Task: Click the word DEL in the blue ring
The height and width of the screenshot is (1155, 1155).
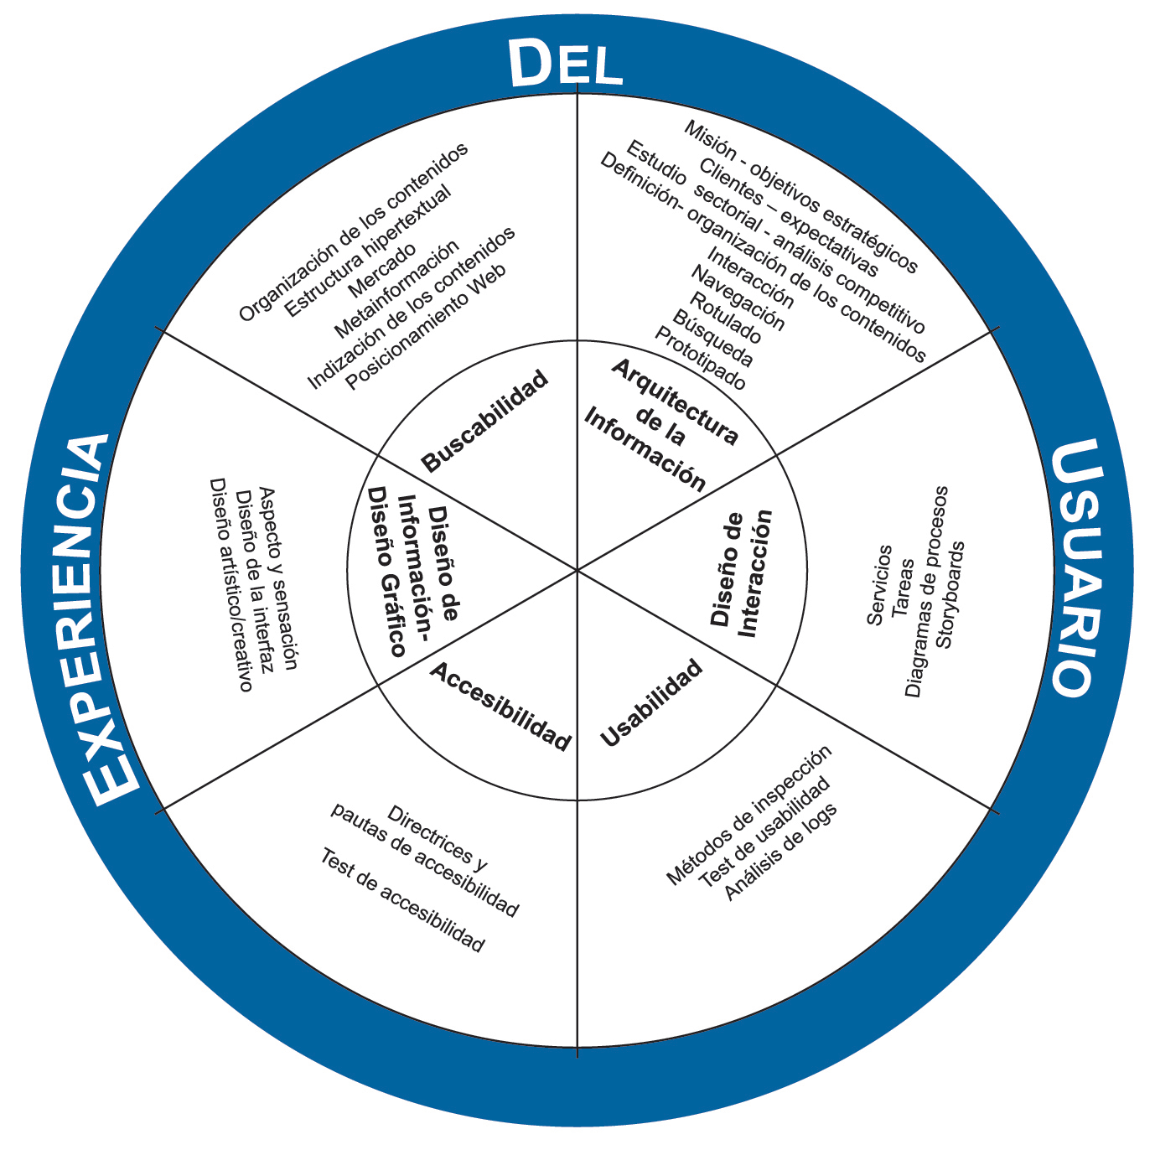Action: pos(565,65)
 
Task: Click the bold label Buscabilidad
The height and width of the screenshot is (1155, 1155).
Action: pos(485,421)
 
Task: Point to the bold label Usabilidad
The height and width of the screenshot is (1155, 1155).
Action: pos(651,703)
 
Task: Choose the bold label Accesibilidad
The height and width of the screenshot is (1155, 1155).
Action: pos(500,706)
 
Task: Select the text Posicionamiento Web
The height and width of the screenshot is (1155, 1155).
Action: pos(427,327)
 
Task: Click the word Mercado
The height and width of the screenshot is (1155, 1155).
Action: pos(381,269)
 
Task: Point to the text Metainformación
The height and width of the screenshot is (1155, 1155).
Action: pos(396,289)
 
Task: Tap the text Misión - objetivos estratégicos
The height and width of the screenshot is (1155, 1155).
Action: pos(801,196)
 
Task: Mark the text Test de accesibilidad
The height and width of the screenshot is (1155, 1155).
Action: pos(402,901)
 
